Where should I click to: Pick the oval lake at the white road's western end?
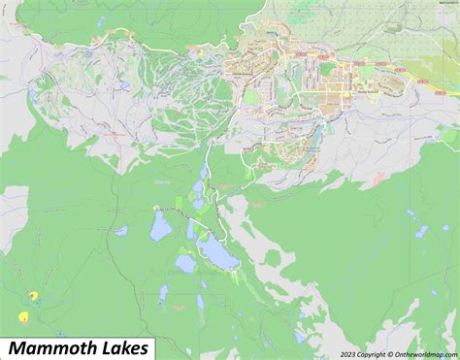161,227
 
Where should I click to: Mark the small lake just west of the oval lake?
121,231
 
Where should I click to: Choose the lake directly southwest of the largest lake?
184,263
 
